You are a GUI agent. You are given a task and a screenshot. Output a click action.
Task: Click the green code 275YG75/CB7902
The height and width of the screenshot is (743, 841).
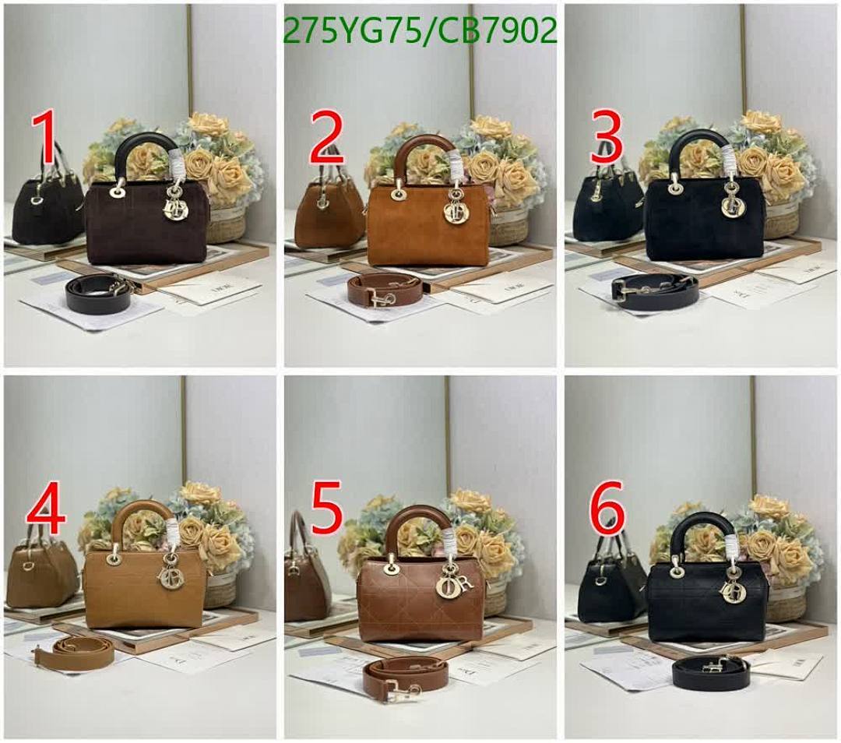(421, 31)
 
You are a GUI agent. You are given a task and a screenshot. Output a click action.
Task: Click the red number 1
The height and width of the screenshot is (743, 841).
(45, 139)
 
